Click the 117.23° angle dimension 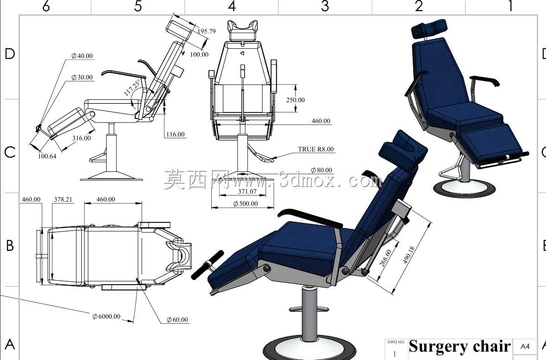132,87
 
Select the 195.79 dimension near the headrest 207,31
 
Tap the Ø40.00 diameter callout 82,56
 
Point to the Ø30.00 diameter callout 82,77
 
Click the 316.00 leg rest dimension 82,138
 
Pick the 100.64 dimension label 47,156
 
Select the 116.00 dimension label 175,135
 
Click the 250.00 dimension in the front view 295,100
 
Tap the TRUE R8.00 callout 316,149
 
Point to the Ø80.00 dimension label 321,170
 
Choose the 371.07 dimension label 247,191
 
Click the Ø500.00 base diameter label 246,203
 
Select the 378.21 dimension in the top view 63,199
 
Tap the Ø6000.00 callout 107,316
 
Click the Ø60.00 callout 177,320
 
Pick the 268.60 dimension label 385,258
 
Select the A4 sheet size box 525,347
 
